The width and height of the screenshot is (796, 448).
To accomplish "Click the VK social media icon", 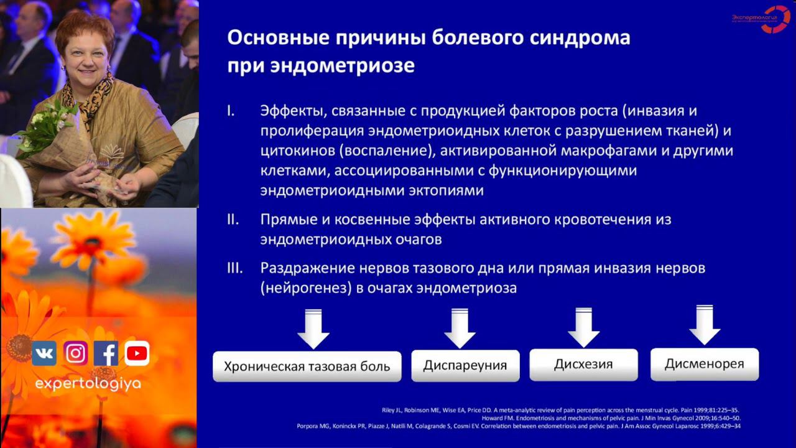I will pyautogui.click(x=44, y=353).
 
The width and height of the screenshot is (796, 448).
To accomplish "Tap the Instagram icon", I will pyautogui.click(x=75, y=353).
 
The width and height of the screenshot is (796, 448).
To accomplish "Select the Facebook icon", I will pyautogui.click(x=106, y=353).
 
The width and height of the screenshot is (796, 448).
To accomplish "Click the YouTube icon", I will pyautogui.click(x=137, y=353).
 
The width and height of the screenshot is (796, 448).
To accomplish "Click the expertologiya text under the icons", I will pyautogui.click(x=88, y=384).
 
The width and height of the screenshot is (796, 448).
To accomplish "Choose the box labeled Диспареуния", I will pyautogui.click(x=465, y=365).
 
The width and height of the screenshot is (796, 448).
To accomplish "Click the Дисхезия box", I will pyautogui.click(x=583, y=364).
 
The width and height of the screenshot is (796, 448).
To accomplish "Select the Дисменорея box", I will pyautogui.click(x=704, y=364).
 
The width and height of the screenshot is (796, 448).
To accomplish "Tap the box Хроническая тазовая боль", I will pyautogui.click(x=307, y=366).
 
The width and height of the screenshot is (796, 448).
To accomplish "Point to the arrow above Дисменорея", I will pyautogui.click(x=705, y=325).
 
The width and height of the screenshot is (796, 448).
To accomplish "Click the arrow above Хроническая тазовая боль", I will pyautogui.click(x=313, y=329).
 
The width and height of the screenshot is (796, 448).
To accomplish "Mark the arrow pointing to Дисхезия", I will pyautogui.click(x=583, y=327).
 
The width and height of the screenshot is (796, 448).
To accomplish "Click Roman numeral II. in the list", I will pyautogui.click(x=234, y=220).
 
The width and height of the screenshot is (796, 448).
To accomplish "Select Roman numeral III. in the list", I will pyautogui.click(x=236, y=268).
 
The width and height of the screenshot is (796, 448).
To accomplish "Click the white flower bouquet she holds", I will pyautogui.click(x=47, y=128).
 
